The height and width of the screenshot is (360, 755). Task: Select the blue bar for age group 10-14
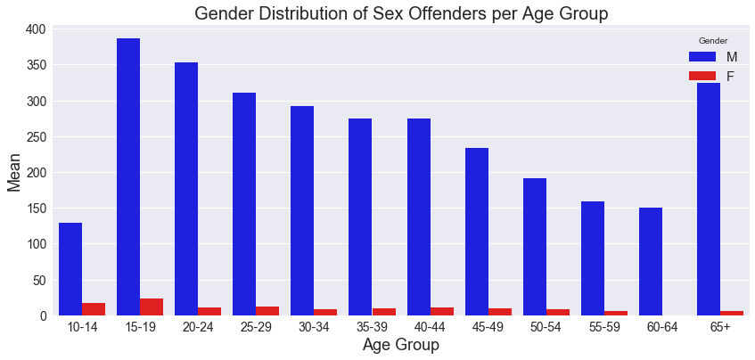(x=70, y=268)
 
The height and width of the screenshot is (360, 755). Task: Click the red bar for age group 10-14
(x=94, y=309)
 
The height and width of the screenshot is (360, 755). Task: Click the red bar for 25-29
(x=267, y=311)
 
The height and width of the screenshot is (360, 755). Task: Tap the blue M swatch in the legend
(x=702, y=57)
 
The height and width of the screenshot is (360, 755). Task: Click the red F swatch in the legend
(x=702, y=77)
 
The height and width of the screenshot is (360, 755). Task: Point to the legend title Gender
(x=712, y=41)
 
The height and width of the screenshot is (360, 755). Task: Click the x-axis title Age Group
(x=400, y=345)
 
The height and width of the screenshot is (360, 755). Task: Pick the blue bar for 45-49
(x=477, y=232)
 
